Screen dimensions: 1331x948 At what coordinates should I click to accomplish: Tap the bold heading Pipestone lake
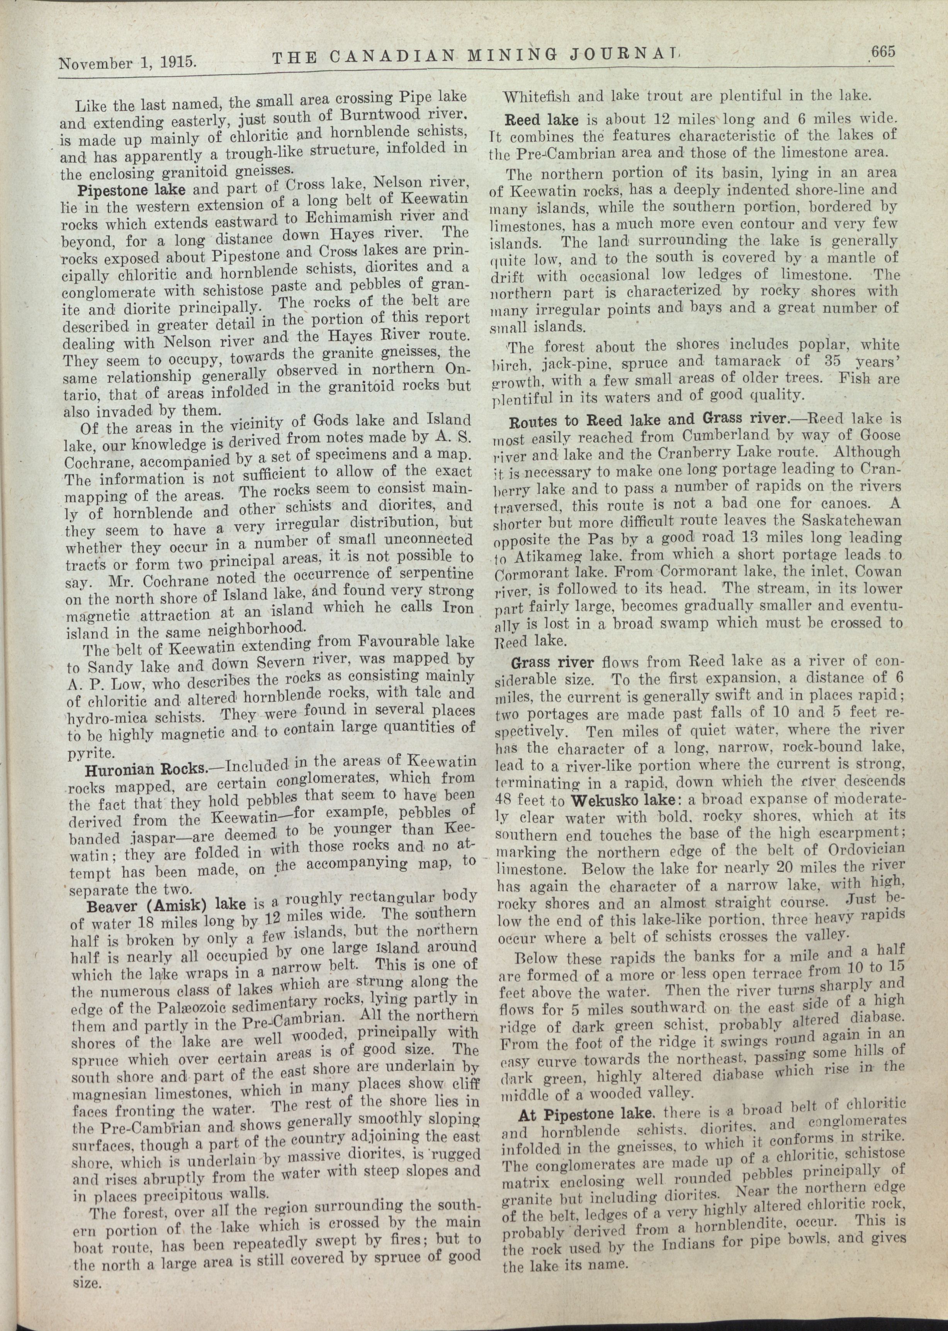pyautogui.click(x=131, y=191)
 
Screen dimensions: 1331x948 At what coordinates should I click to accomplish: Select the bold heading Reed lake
pyautogui.click(x=542, y=120)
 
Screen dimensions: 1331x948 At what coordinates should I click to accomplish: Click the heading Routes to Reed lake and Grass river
pyautogui.click(x=649, y=420)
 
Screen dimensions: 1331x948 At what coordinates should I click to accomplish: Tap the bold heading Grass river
pyautogui.click(x=552, y=663)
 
